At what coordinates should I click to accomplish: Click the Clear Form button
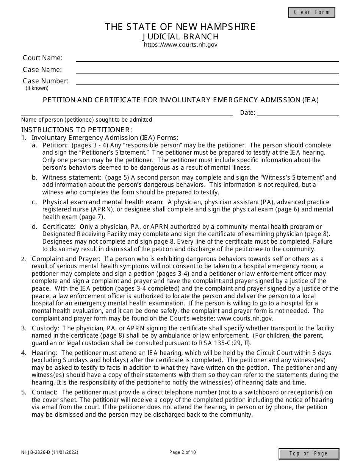311,12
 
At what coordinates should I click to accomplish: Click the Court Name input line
207,58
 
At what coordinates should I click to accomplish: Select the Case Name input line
207,70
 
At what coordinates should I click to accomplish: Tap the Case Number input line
207,81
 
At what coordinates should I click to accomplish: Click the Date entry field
298,113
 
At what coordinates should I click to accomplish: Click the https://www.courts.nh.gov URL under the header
180,45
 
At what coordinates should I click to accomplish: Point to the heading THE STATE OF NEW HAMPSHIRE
180,27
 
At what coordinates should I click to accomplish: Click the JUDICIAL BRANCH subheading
180,36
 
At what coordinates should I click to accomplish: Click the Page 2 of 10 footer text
183,452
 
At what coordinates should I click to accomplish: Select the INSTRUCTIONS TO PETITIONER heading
77,129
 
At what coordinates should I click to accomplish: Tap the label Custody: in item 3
45,328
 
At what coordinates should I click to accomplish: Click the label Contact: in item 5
45,392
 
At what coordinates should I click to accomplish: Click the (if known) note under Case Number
37,88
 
